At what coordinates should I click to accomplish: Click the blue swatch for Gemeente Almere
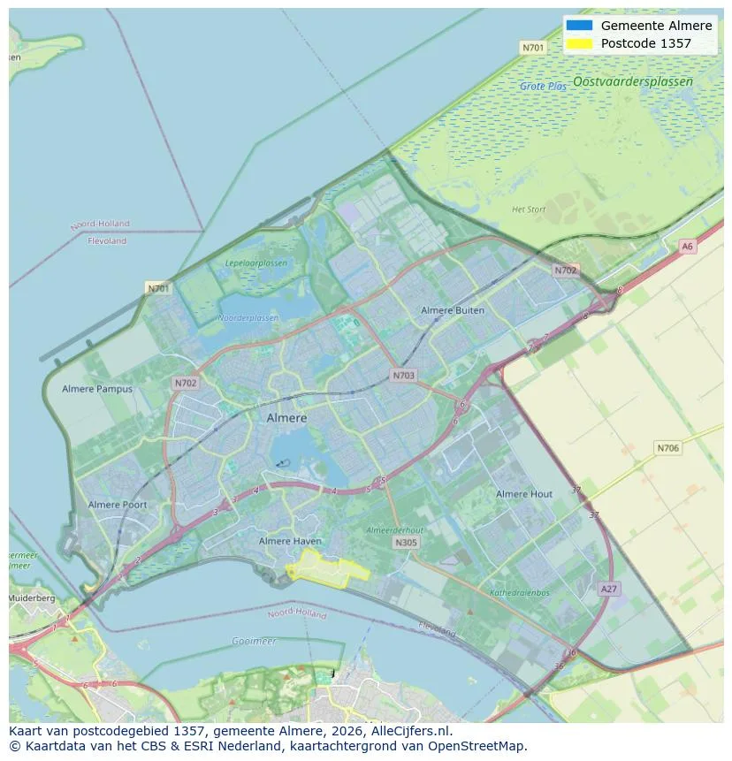pos(579,26)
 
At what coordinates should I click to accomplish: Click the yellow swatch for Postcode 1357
pos(579,43)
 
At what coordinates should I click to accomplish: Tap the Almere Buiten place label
pos(453,311)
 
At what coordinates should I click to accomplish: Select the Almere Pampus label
pos(97,389)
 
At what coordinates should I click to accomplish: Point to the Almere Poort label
pos(118,505)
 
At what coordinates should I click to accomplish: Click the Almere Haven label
pos(290,541)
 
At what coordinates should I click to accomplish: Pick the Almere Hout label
pos(524,494)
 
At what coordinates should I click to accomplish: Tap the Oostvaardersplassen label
pos(633,81)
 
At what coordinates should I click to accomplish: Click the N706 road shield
pos(668,448)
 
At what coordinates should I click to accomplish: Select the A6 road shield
pos(688,247)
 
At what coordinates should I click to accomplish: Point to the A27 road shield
pos(608,589)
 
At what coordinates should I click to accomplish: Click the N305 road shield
pos(406,543)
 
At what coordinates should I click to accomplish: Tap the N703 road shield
pos(403,376)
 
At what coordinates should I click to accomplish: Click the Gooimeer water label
pos(254,641)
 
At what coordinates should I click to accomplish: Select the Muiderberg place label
pos(31,598)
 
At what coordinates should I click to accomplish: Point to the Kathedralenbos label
pos(520,592)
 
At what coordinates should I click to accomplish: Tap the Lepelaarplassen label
pos(256,263)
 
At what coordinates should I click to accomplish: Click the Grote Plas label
pos(544,87)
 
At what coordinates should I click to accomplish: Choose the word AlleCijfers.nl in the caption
pos(413,731)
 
